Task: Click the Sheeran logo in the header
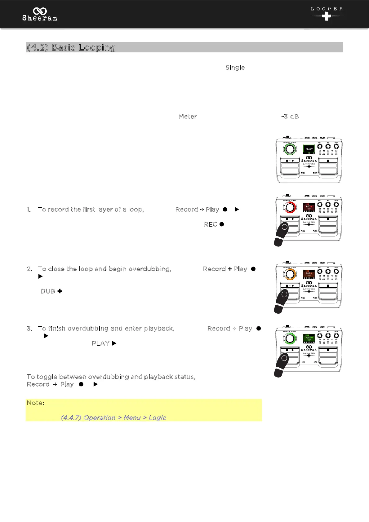[x=40, y=15]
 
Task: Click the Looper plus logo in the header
[x=327, y=14]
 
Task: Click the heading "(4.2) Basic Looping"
[x=71, y=47]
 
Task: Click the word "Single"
[x=235, y=68]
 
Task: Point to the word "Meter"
[x=188, y=117]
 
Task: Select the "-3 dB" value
[x=290, y=117]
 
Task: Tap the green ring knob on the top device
[x=290, y=149]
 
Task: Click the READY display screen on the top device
[x=309, y=149]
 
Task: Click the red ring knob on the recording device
[x=290, y=207]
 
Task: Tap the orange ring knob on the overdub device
[x=290, y=274]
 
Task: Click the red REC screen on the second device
[x=309, y=207]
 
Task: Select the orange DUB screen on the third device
[x=309, y=274]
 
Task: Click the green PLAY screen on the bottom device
[x=309, y=338]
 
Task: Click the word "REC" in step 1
[x=210, y=224]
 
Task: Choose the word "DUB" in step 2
[x=48, y=291]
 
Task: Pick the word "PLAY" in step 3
[x=100, y=343]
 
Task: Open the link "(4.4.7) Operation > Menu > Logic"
[x=113, y=418]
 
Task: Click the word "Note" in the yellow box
[x=34, y=403]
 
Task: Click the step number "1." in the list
[x=29, y=210]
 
